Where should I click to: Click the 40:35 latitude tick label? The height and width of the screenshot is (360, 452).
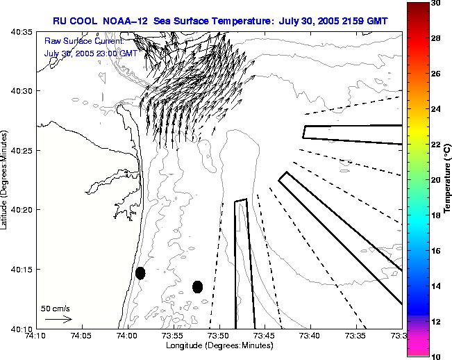click(23, 32)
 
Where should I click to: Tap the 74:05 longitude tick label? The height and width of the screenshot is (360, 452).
click(81, 336)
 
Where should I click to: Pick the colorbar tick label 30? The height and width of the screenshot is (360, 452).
click(435, 3)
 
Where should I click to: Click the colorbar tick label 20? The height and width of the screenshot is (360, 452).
click(435, 180)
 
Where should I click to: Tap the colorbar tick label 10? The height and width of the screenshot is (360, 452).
click(435, 356)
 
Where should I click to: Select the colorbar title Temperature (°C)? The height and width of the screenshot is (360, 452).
click(448, 181)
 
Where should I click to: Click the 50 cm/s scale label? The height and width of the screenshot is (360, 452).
click(56, 308)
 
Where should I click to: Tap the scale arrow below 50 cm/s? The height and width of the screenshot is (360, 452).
click(58, 319)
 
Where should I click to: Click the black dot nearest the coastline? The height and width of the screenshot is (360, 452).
click(140, 273)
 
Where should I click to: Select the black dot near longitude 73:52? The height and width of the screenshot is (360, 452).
click(197, 286)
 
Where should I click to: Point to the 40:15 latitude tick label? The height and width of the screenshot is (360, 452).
click(23, 270)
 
